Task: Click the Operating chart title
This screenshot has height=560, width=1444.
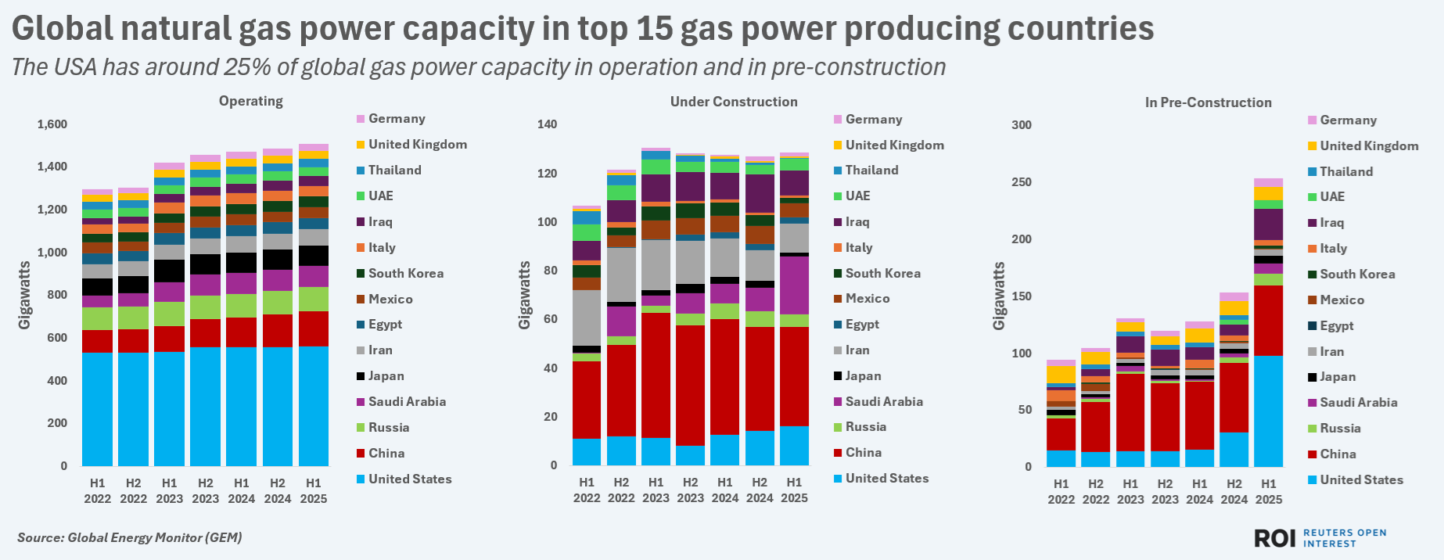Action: [x=250, y=101]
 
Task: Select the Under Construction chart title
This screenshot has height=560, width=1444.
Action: [x=733, y=102]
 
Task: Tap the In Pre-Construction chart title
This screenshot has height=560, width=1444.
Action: [x=1208, y=102]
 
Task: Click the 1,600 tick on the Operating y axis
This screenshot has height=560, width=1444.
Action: [x=52, y=124]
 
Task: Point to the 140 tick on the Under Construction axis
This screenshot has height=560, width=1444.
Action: [x=548, y=124]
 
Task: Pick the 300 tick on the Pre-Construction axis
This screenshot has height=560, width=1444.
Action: [x=1022, y=125]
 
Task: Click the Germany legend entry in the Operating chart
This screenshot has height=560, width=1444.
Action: [x=397, y=119]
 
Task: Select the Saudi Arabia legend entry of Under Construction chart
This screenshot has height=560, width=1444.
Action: [x=883, y=401]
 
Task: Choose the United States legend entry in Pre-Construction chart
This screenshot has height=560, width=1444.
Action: [x=1360, y=479]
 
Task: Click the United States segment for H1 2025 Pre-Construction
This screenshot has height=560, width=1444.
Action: [x=1268, y=411]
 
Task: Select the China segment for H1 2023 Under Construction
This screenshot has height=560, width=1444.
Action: [x=656, y=375]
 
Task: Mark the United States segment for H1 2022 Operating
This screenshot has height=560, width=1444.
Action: [x=97, y=409]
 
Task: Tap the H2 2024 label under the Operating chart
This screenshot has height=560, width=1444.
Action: [x=277, y=491]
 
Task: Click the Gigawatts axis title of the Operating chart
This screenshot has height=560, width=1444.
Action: [x=25, y=296]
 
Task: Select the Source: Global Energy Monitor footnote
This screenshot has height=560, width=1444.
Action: [x=130, y=537]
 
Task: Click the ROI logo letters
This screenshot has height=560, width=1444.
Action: [x=1275, y=538]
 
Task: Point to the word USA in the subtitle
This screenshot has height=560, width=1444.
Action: [x=76, y=67]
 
